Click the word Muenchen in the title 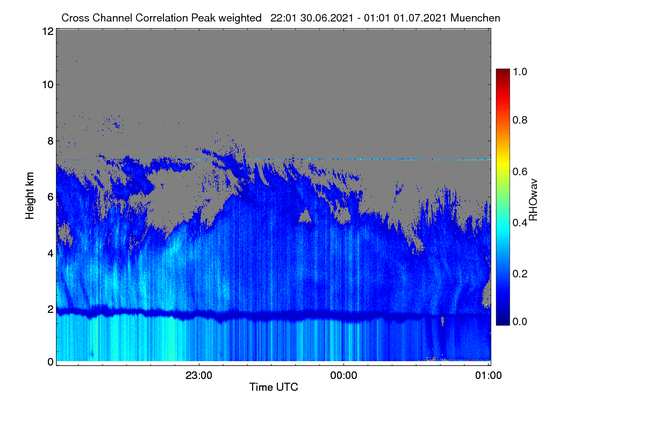click(x=475, y=18)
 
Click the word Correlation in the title click(x=162, y=18)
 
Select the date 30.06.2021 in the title click(x=327, y=18)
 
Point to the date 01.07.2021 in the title click(x=420, y=18)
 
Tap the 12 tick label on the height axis click(x=48, y=31)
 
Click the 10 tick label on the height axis click(x=48, y=84)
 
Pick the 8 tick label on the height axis click(x=51, y=141)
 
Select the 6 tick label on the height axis click(x=51, y=197)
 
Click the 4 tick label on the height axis click(x=51, y=254)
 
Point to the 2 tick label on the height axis click(x=51, y=309)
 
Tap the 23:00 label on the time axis click(x=199, y=375)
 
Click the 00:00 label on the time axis click(x=343, y=375)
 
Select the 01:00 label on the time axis click(x=489, y=375)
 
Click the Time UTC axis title click(x=274, y=387)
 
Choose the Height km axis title click(x=30, y=196)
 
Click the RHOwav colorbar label click(x=533, y=200)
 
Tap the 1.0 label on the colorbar click(x=520, y=71)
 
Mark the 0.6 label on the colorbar click(x=520, y=171)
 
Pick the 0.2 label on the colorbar click(x=520, y=274)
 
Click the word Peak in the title click(x=203, y=18)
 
